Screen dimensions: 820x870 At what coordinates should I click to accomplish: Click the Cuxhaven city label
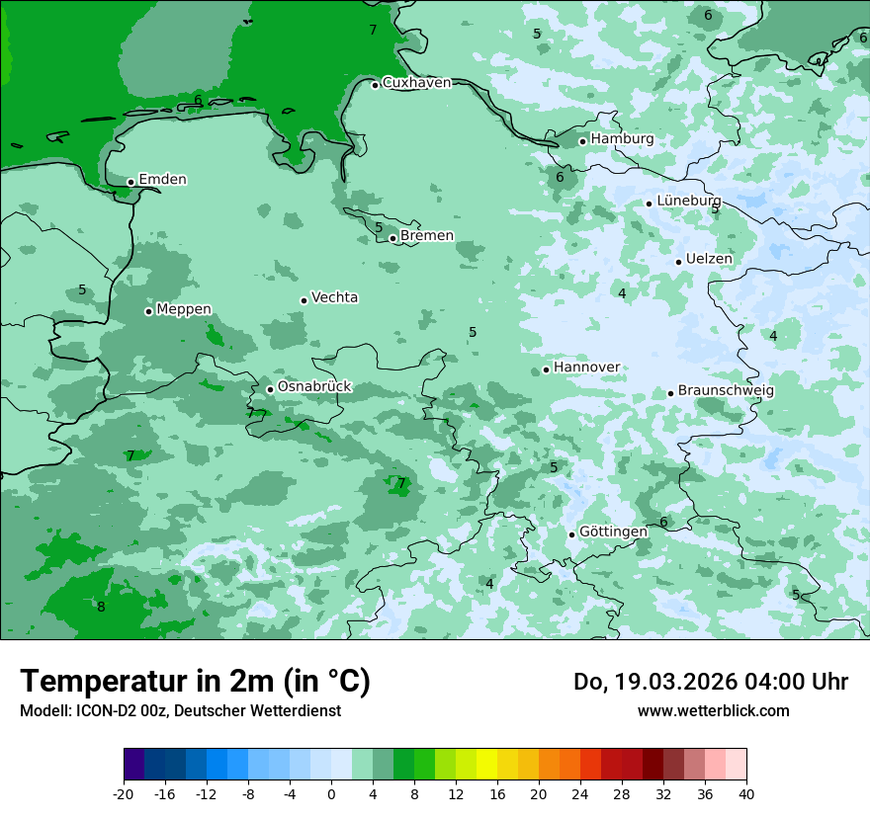pos(416,83)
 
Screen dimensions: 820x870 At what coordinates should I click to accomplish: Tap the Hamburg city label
pos(622,139)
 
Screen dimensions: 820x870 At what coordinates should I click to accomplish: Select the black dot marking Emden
pos(130,182)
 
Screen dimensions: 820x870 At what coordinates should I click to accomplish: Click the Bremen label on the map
pos(427,236)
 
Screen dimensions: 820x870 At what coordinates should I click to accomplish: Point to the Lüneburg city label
pos(689,202)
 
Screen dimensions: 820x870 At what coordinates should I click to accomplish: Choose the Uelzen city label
pos(709,260)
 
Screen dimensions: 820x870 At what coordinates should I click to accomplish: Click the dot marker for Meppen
pos(148,311)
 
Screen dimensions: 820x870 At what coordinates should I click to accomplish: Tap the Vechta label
pos(334,297)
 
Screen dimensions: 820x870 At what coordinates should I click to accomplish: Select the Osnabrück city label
pos(314,387)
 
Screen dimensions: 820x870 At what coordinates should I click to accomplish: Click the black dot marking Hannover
pos(546,370)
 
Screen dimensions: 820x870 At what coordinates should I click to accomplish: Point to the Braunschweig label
pos(726,391)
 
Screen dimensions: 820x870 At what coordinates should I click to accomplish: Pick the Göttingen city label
pos(613,533)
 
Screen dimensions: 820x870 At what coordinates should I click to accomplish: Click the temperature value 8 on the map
pos(101,607)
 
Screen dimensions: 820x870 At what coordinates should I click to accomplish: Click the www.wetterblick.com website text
pos(713,711)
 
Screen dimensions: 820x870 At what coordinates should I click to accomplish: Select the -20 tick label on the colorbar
pos(124,794)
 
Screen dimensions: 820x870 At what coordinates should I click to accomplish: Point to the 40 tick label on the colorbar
pos(745,794)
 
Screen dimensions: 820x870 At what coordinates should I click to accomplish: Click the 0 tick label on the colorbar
pos(331,794)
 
